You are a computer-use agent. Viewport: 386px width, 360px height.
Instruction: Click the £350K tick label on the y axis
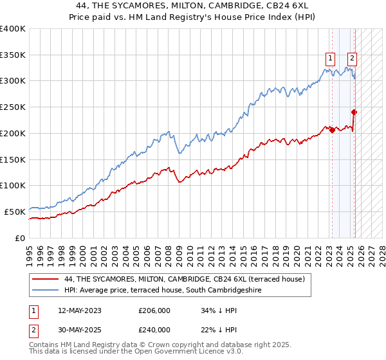pyautogui.click(x=13, y=55)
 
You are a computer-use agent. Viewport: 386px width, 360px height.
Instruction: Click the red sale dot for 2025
pyautogui.click(x=354, y=112)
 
